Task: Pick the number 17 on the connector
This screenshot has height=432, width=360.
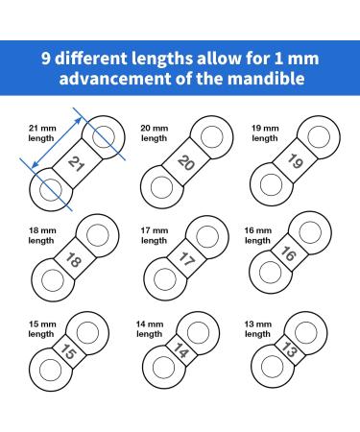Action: click(186, 260)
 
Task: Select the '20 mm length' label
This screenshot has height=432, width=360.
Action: click(154, 132)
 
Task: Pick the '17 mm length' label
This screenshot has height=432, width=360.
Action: click(154, 235)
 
